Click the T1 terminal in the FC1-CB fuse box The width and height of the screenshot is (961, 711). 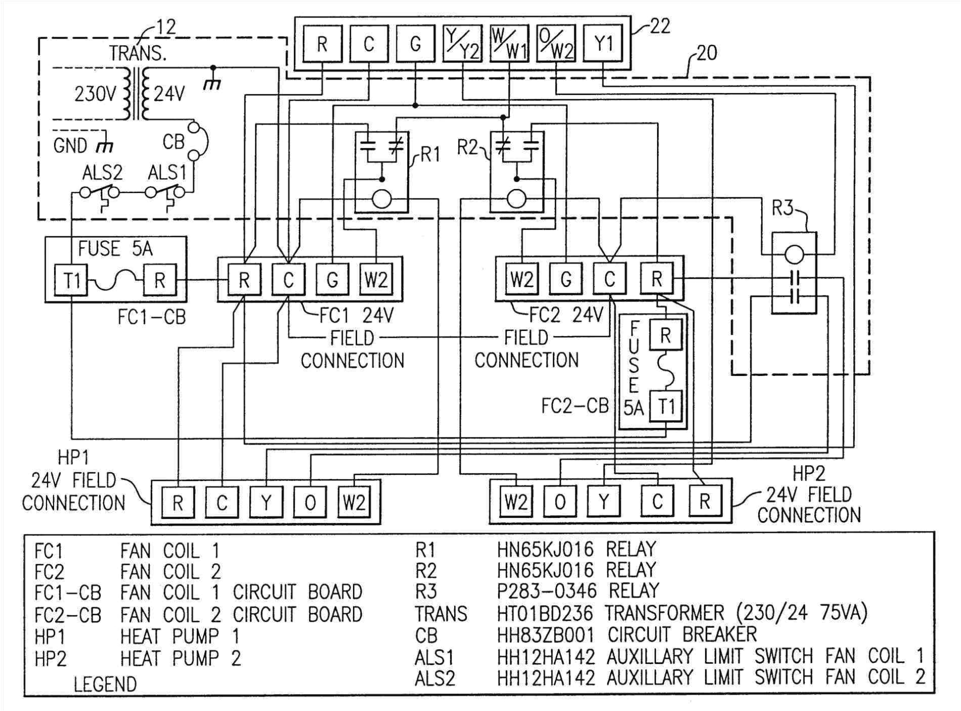(72, 280)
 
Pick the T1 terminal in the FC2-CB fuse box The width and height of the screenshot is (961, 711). (666, 407)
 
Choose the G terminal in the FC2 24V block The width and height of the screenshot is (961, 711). (566, 279)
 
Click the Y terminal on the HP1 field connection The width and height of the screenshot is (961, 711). (266, 503)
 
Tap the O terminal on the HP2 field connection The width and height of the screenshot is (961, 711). (560, 502)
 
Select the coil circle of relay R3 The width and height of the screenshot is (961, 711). (794, 253)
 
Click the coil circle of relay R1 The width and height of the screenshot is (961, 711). (382, 199)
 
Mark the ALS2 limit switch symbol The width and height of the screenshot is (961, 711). (100, 193)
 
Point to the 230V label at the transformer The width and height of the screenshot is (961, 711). (95, 94)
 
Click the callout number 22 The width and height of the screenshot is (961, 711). (659, 26)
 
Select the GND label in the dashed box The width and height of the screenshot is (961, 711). (71, 146)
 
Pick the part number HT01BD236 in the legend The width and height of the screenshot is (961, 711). (545, 613)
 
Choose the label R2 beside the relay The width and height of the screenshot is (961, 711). (466, 148)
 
